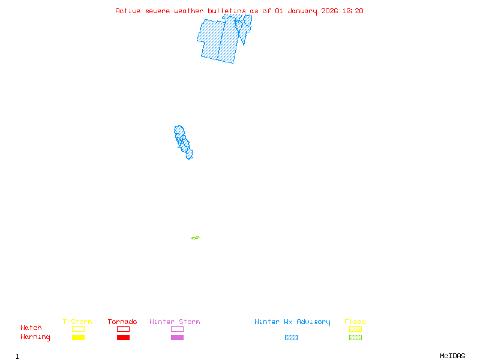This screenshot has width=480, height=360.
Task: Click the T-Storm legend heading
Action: coord(77,322)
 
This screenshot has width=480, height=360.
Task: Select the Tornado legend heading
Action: coord(122,322)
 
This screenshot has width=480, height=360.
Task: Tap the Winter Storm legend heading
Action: coord(175,322)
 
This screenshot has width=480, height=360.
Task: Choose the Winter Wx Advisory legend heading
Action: coord(292,322)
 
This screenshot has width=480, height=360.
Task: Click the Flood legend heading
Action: coord(355,322)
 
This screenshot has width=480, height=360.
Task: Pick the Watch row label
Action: coord(31,328)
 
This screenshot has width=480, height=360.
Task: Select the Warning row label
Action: coord(35,337)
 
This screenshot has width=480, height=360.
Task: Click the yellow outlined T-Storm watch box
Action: coord(78,329)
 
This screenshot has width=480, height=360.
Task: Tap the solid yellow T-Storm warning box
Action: coord(78,338)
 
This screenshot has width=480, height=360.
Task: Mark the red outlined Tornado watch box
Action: coord(123,329)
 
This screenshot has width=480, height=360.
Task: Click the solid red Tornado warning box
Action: coord(123,338)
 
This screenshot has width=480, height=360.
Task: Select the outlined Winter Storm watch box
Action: coord(177,329)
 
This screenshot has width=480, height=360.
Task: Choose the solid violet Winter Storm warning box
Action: coord(177,338)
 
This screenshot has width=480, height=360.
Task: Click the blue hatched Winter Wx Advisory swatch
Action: coord(291,338)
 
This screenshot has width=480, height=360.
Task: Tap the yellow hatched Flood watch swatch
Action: coord(355,329)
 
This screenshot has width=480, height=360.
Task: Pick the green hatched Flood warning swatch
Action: coord(355,338)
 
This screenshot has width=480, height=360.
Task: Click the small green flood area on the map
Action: coord(196,238)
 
